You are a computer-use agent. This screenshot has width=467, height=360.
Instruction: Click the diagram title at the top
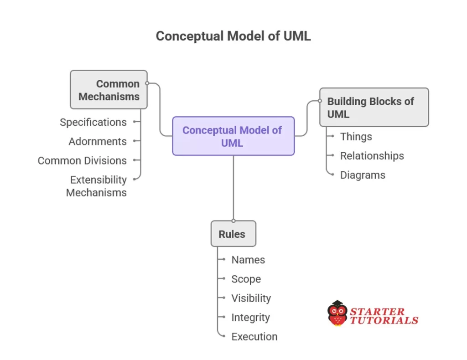tap(233, 36)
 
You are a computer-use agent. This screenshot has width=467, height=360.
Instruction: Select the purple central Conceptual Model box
tap(233, 136)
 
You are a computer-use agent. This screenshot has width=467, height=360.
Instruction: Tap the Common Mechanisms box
tap(109, 90)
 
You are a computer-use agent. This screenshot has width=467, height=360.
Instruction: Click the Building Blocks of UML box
tap(374, 108)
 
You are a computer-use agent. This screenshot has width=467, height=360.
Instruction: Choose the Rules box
tap(233, 234)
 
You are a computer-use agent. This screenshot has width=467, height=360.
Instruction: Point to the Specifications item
tap(93, 122)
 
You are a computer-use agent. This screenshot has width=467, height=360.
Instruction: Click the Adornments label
tap(98, 141)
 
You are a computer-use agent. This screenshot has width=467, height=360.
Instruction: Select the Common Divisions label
tap(82, 160)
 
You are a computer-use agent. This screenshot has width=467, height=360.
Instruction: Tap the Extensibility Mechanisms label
tap(97, 186)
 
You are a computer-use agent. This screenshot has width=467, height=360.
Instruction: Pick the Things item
tap(356, 137)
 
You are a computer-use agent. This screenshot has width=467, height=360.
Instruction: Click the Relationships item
tap(372, 156)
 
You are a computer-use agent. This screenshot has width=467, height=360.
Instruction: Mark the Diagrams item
tap(363, 175)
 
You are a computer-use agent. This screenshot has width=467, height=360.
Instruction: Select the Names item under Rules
tap(248, 260)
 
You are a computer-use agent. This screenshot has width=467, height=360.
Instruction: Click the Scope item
tap(246, 279)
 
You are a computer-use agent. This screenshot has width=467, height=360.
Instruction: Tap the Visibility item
tap(251, 298)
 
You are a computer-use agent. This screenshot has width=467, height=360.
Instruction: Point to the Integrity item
tap(250, 317)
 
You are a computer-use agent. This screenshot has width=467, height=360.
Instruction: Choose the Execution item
tap(254, 337)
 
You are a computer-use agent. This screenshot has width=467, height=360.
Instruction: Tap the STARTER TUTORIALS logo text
tap(384, 316)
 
